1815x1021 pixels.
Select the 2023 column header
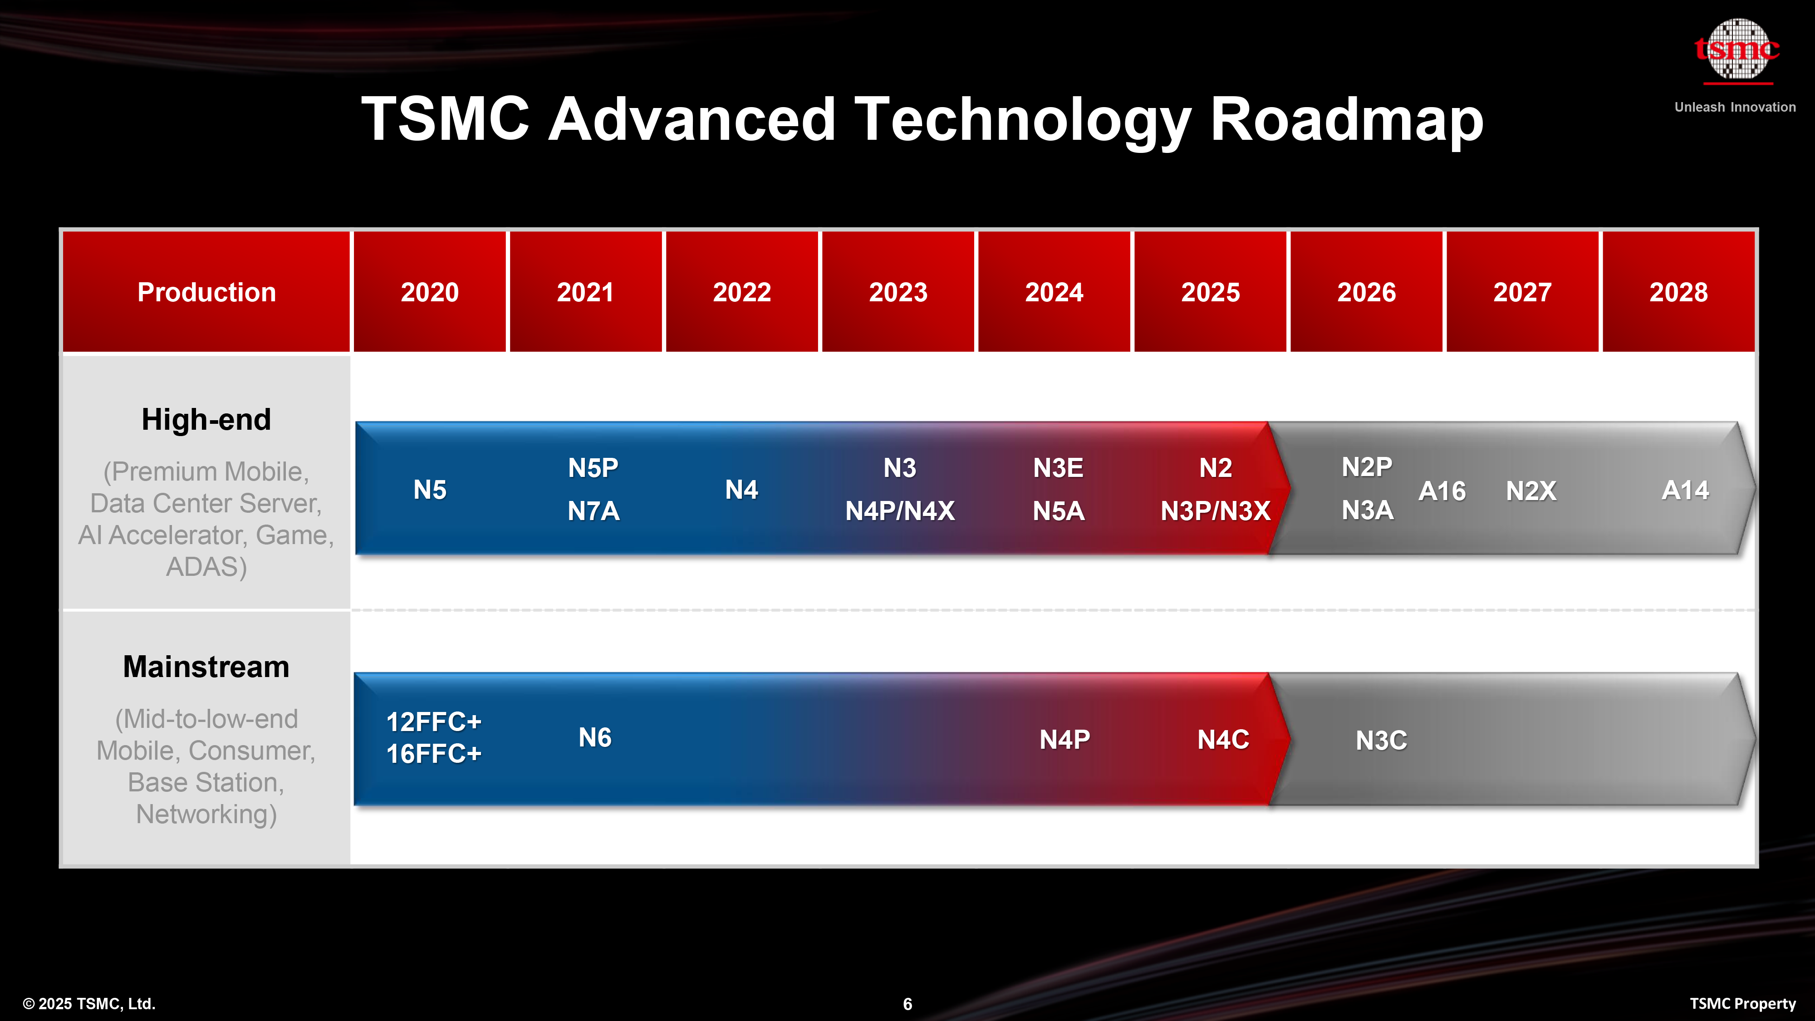898,292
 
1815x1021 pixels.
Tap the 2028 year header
1678,292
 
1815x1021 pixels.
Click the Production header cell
206,292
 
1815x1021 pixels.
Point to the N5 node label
430,490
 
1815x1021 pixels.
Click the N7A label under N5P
593,511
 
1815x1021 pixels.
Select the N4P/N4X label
900,511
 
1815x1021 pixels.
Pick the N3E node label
1058,468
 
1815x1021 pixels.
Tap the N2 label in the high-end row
1216,468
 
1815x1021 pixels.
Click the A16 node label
1442,491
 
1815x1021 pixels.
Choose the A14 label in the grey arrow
1685,490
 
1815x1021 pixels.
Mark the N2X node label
1531,491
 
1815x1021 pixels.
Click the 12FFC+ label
433,722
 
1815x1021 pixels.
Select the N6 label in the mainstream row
595,738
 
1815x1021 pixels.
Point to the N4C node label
1223,740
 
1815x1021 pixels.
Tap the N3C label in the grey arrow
1381,741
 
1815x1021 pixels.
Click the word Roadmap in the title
1346,120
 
